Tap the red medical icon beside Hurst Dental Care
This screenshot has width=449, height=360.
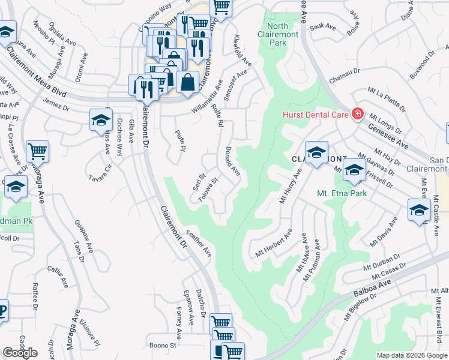tap(358, 113)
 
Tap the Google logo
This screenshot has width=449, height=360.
tap(20, 353)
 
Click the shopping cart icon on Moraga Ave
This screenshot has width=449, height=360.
tap(37, 151)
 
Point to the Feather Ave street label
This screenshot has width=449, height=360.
tap(199, 243)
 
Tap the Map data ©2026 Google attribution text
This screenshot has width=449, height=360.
tap(412, 355)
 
